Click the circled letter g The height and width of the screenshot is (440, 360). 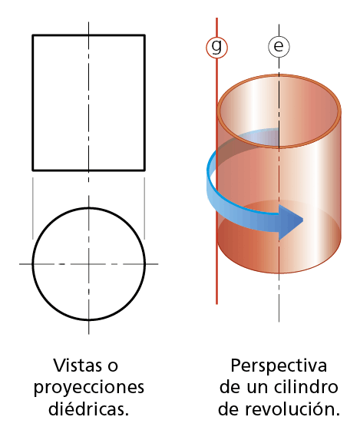(216, 47)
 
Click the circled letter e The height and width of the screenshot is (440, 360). (279, 46)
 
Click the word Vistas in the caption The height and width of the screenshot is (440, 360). (78, 366)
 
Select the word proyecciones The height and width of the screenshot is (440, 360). (89, 388)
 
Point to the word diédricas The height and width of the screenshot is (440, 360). (89, 409)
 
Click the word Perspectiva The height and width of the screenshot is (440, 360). (279, 366)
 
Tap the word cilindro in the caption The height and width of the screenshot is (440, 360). (306, 387)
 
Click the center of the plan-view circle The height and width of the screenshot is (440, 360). (89, 264)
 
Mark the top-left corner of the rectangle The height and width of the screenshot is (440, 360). (33, 35)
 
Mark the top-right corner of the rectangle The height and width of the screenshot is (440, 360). (144, 35)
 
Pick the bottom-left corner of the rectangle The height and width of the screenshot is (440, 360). (33, 170)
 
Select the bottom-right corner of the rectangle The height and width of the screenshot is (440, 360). (144, 170)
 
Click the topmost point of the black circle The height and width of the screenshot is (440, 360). (89, 208)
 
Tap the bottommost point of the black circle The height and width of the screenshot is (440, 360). (89, 319)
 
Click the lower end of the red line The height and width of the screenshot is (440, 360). (216, 303)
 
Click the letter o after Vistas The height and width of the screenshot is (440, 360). (113, 367)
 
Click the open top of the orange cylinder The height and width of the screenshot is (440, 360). (279, 111)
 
